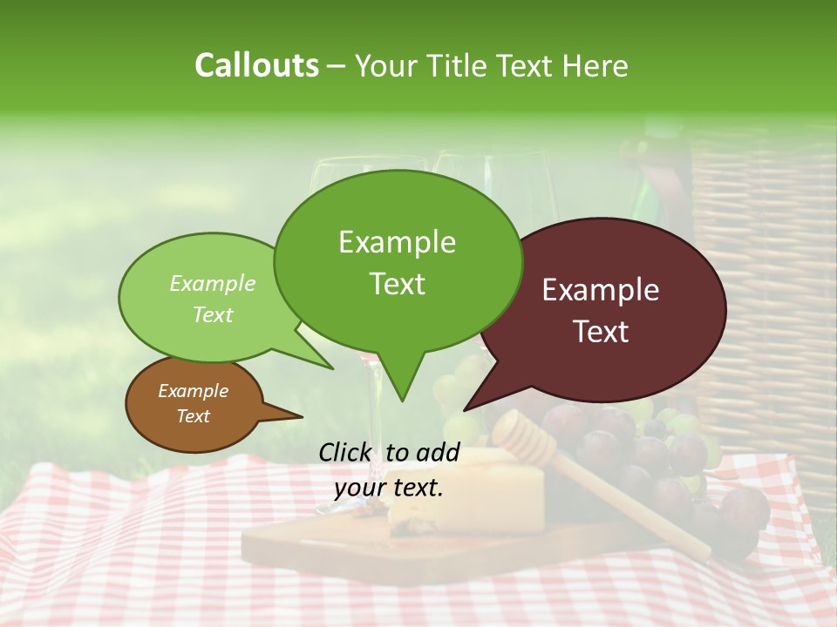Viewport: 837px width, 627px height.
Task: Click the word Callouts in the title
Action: coord(256,65)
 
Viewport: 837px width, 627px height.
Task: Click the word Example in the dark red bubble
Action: coord(601,290)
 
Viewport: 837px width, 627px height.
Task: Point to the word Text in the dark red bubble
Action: coord(601,332)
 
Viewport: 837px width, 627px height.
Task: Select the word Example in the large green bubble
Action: coord(397,242)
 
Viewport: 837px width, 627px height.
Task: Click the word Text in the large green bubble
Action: coord(397,284)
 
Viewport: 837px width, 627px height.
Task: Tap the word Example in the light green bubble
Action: coord(212,283)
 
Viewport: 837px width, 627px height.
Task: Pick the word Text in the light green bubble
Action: coord(212,314)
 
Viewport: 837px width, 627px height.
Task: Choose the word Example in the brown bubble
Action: coord(193,391)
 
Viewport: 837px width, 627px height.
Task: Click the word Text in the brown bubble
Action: coord(193,416)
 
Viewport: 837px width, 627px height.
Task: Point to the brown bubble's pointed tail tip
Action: coord(302,417)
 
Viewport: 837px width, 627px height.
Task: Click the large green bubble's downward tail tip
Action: coord(402,401)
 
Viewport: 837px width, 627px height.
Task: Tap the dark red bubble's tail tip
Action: coord(464,410)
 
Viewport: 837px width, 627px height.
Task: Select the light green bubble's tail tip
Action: coord(333,369)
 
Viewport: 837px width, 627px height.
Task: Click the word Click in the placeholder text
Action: coord(346,452)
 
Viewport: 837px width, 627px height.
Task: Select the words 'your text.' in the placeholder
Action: coord(389,488)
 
